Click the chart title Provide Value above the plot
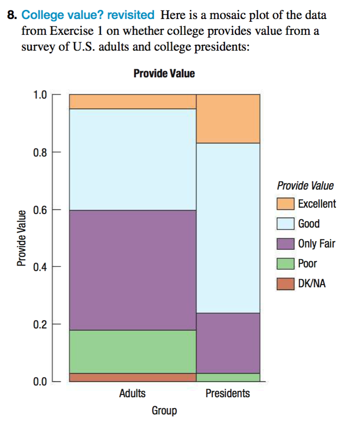[164, 74]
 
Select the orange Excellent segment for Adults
[132, 102]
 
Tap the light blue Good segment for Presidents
[228, 228]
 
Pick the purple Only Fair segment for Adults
[132, 270]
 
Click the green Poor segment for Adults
[132, 352]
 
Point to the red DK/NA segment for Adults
[132, 377]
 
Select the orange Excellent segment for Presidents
[228, 119]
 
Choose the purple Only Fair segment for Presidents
[228, 343]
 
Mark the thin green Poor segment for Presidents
[228, 377]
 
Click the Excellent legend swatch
[285, 204]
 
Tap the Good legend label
[309, 224]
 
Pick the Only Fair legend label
[317, 244]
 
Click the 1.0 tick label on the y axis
[40, 95]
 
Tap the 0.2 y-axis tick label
[40, 324]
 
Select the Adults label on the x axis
[132, 393]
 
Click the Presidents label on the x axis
[227, 393]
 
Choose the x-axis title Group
[164, 411]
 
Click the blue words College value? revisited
[88, 15]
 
